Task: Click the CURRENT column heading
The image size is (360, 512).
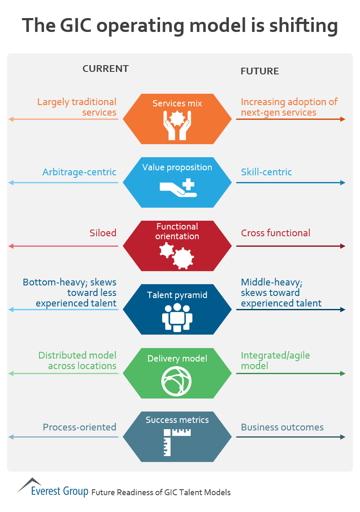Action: point(105,69)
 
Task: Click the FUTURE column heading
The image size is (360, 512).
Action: point(260,71)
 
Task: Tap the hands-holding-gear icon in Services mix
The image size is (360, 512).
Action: point(177,125)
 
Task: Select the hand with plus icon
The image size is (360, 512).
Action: point(178,187)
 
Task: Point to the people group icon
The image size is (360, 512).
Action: point(177,317)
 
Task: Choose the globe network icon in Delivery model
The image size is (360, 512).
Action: point(177,381)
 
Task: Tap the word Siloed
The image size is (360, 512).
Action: point(103,233)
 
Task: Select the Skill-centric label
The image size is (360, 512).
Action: point(266,172)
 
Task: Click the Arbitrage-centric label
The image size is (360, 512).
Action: point(79,172)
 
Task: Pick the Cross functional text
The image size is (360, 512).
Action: point(276,233)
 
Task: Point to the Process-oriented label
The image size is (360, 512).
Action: point(79,427)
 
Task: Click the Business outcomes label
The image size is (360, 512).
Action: point(282,427)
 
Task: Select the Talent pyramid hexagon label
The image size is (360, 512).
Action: point(177,295)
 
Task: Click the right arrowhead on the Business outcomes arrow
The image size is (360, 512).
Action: point(343,437)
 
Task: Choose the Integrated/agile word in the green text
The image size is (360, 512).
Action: point(275,355)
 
